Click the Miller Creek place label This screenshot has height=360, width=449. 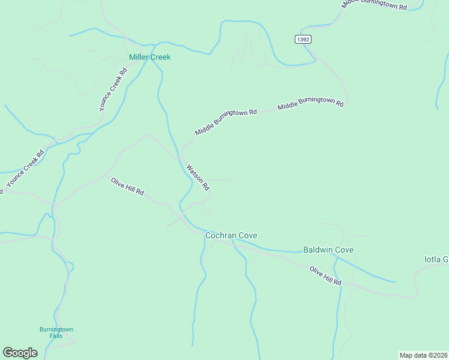click(149, 57)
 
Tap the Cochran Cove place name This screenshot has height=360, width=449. click(231, 236)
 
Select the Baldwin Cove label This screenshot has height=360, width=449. click(328, 250)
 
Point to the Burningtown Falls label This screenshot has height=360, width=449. click(56, 333)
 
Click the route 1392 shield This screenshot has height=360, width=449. click(303, 39)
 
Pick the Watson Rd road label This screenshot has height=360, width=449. click(197, 177)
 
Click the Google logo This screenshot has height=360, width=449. click(20, 353)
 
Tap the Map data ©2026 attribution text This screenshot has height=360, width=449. click(423, 355)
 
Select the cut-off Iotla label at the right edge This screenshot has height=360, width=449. click(436, 259)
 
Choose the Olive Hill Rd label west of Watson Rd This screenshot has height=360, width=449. click(127, 186)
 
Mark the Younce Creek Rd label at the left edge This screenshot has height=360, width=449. click(25, 168)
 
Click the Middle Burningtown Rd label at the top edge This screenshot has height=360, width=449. click(375, 4)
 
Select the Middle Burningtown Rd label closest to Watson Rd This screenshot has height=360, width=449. click(226, 122)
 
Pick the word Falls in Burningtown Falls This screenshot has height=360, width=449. click(56, 337)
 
